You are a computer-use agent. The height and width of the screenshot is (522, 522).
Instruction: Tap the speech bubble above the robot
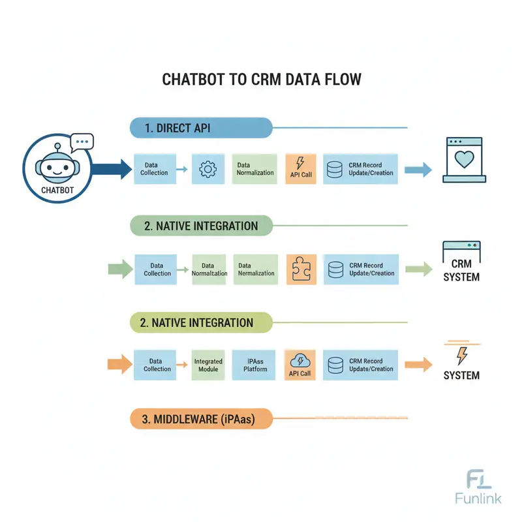coord(82,141)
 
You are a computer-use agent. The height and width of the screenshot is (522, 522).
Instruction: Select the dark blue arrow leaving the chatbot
coord(111,170)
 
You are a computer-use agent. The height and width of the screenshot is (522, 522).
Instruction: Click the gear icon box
coord(207,170)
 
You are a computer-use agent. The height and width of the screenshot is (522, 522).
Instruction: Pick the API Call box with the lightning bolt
coord(301,169)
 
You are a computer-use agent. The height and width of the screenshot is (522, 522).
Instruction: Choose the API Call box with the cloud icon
coord(301,365)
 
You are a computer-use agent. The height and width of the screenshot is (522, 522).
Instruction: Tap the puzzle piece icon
coord(301,269)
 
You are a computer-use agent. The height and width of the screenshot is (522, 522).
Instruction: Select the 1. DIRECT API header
coord(199,128)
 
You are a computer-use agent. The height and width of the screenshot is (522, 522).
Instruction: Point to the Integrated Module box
coord(208,365)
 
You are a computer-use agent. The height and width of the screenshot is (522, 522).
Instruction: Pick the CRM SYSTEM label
coord(461,271)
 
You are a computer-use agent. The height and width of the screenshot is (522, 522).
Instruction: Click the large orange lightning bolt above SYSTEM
coord(462,355)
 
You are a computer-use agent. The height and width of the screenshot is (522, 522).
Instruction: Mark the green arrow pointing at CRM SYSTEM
coord(418,268)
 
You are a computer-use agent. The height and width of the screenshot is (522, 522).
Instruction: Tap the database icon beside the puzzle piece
coord(335,269)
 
